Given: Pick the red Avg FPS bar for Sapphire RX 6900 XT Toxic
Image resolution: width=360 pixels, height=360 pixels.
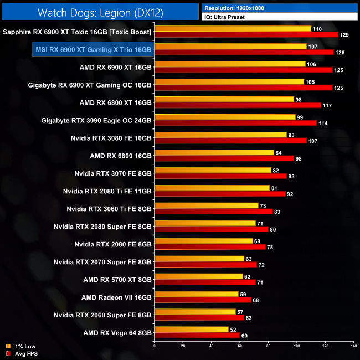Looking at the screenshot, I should coord(246,35).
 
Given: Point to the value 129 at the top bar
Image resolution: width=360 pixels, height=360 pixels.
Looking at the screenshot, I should coord(344,35).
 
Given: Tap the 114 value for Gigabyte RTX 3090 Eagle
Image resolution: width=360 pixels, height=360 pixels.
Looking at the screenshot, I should coord(322,124).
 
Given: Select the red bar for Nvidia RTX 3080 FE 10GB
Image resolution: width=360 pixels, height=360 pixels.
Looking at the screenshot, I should coord(230,141).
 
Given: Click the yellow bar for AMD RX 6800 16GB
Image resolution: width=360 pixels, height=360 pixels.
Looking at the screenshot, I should coord(214,152).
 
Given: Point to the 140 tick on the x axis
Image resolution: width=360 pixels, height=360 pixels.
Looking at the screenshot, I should coord(353,346).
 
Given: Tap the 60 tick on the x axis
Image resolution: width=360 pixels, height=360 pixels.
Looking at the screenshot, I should coord(239,346).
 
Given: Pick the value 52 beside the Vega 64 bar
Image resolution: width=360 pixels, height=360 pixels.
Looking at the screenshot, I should coord(234,329).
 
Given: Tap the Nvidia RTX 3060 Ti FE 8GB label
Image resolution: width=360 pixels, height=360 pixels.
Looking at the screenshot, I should coord(109,209).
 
